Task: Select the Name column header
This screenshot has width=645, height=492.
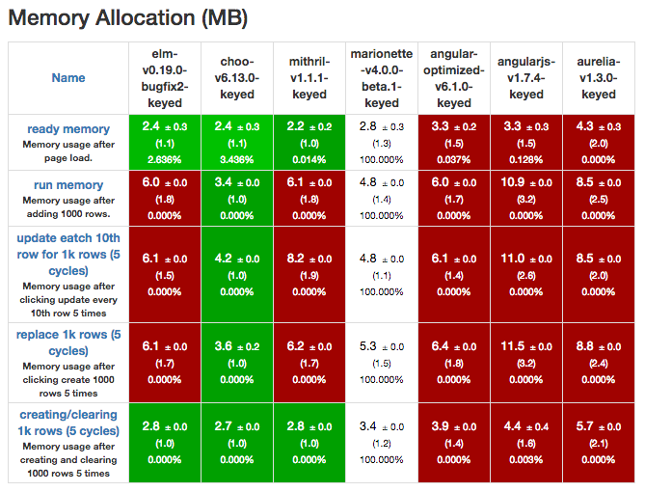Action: (68, 78)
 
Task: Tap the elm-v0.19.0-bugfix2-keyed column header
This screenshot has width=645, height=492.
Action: (164, 78)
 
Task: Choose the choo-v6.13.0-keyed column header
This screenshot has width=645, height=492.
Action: (237, 78)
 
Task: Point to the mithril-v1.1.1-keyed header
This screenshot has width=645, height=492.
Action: (309, 78)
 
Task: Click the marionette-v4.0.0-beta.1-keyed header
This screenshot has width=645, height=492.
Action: (382, 78)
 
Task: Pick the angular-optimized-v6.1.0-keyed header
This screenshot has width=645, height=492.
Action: (454, 78)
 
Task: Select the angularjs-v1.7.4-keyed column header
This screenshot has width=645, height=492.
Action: (526, 78)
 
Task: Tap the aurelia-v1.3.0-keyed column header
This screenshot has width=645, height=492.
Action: (599, 78)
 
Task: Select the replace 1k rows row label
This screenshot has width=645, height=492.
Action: (67, 342)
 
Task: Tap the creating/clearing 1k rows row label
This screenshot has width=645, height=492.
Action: (67, 423)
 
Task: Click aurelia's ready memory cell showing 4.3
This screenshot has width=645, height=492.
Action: (599, 142)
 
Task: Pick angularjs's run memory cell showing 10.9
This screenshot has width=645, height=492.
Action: (526, 198)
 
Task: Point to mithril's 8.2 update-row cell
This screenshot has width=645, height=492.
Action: (309, 273)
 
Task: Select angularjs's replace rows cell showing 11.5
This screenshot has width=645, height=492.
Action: (526, 361)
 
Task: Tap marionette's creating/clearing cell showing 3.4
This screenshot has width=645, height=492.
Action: (382, 441)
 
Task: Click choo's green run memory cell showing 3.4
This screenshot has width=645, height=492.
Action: (237, 198)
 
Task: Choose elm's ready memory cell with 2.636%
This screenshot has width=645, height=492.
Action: (164, 142)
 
